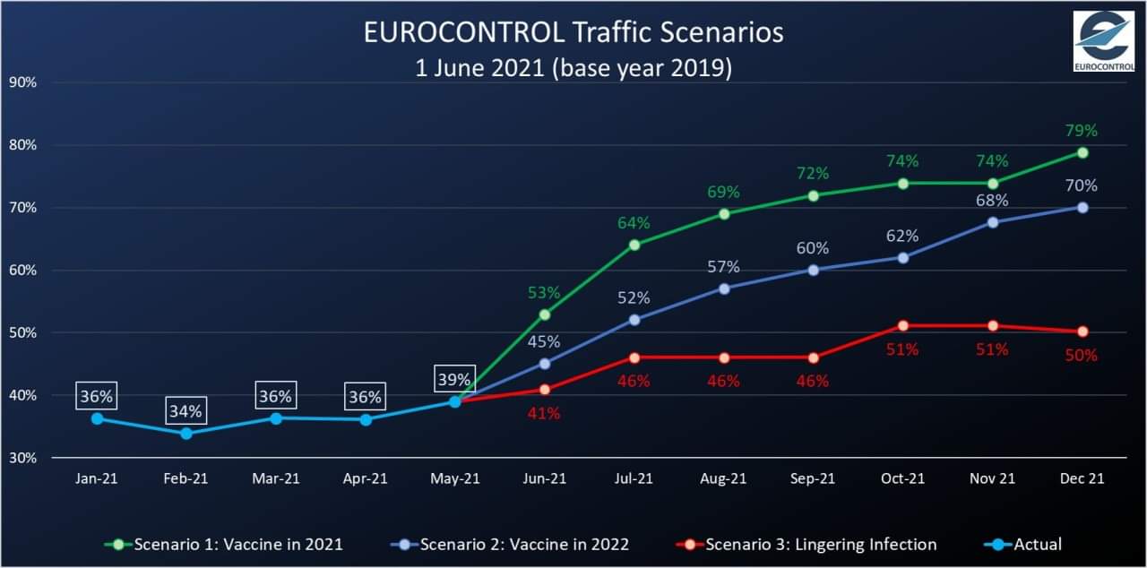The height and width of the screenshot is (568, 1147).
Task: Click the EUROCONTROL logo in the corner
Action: pos(1103,41)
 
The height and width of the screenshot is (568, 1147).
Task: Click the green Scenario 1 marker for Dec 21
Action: pos(1082,152)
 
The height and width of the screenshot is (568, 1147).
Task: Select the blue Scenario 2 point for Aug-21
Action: pos(724,288)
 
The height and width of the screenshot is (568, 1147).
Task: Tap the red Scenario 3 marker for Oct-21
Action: pos(903,325)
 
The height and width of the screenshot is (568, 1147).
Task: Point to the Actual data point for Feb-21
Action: pos(186,433)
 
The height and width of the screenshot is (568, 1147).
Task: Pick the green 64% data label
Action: pos(634,222)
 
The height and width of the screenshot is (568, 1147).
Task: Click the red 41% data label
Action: pos(544,413)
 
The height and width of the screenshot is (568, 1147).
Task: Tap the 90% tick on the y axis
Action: pos(23,82)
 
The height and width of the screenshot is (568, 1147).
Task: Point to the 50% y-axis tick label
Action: pos(23,332)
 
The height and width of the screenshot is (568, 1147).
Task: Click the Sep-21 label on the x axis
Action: pos(813,478)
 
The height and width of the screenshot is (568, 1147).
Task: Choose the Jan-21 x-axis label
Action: pos(97,478)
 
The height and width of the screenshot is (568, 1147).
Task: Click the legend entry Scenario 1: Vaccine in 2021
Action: pos(237,544)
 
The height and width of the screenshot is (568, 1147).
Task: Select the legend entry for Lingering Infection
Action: pos(820,544)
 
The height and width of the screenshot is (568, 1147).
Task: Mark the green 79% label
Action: pos(1082,131)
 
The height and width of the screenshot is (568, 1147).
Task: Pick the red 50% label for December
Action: pos(1082,355)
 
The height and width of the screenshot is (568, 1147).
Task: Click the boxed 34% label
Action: pos(186,412)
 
